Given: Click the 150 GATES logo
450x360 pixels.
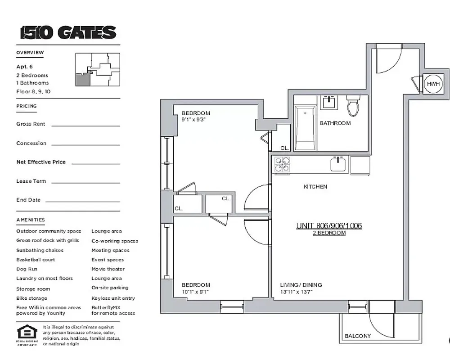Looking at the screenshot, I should pyautogui.click(x=68, y=33).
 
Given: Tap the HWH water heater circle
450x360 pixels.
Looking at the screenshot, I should pyautogui.click(x=433, y=84).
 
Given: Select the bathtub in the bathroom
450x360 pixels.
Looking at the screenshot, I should pyautogui.click(x=305, y=128).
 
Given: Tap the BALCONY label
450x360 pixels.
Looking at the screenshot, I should pyautogui.click(x=358, y=336).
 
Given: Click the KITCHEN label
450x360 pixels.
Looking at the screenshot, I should pyautogui.click(x=315, y=186).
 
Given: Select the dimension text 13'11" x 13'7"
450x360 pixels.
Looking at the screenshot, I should pyautogui.click(x=297, y=292).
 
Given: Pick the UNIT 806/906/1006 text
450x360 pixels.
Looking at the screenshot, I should pyautogui.click(x=329, y=226).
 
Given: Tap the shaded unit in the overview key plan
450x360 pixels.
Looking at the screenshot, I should pyautogui.click(x=82, y=80).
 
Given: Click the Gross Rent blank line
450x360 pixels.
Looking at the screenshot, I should pyautogui.click(x=85, y=126).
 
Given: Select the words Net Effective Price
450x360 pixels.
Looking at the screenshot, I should pyautogui.click(x=41, y=162).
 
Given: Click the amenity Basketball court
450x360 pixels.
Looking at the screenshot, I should pyautogui.click(x=36, y=260).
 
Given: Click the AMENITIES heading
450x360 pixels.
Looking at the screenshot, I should pyautogui.click(x=31, y=220).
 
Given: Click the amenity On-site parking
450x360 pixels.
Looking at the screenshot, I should pyautogui.click(x=110, y=288).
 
